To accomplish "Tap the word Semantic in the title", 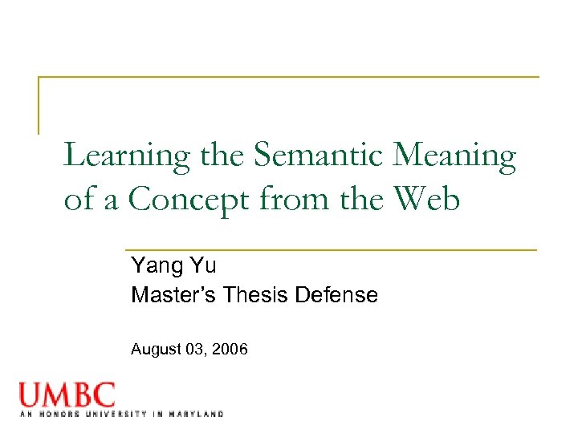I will pos(320,156).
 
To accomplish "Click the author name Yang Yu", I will pos(173,265).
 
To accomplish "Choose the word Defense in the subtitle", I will pos(337,295).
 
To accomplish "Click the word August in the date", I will pos(155,350).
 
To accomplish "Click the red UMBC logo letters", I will pos(67,395).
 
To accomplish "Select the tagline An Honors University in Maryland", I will pos(120,414).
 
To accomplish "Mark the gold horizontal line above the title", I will pos(289,77).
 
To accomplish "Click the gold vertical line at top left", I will pos(39,105).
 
